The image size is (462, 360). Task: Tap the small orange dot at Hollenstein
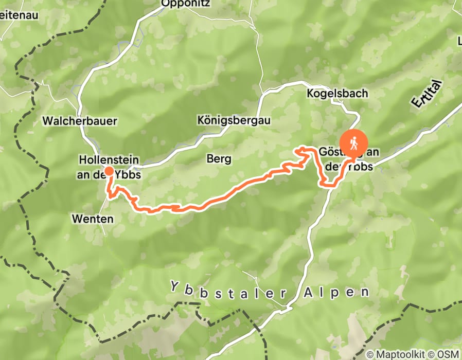click(x=109, y=171)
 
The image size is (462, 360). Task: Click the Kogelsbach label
click(x=337, y=94)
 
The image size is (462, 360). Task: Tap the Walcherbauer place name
click(x=80, y=121)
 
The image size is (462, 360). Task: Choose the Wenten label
click(x=93, y=219)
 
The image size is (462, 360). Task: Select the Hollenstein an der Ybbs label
click(x=109, y=168)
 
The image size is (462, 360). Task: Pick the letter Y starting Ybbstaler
click(x=175, y=285)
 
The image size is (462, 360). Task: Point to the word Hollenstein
click(x=109, y=160)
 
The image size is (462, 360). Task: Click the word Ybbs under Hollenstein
click(x=129, y=175)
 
